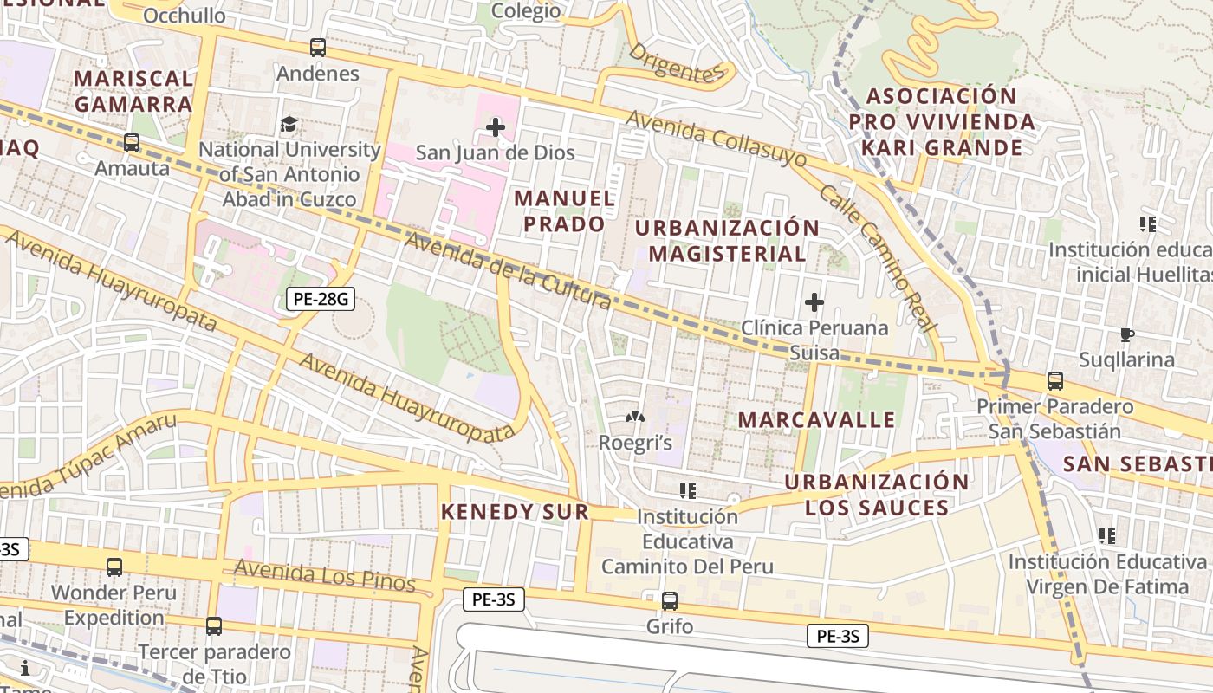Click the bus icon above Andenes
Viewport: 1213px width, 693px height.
pyautogui.click(x=318, y=48)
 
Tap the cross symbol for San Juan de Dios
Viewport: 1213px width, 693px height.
pyautogui.click(x=496, y=128)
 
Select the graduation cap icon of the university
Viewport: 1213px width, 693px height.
pyautogui.click(x=289, y=124)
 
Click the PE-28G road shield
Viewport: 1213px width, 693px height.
pyautogui.click(x=321, y=300)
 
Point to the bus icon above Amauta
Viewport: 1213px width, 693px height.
pyautogui.click(x=132, y=143)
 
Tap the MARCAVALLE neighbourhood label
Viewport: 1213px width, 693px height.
pyautogui.click(x=816, y=420)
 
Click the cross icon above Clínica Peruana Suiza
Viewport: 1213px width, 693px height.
pyautogui.click(x=814, y=302)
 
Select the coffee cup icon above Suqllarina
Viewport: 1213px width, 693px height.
pyautogui.click(x=1126, y=334)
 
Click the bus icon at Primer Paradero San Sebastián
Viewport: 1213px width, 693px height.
pyautogui.click(x=1054, y=380)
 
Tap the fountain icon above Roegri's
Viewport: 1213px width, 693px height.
pyautogui.click(x=635, y=418)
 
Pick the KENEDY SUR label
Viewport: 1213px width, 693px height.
pyautogui.click(x=515, y=512)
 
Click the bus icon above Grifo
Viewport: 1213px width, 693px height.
pyautogui.click(x=670, y=600)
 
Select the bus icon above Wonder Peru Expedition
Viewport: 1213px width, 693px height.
pyautogui.click(x=114, y=567)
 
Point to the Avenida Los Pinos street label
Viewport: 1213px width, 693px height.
pyautogui.click(x=325, y=576)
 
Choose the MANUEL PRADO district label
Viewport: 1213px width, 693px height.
pyautogui.click(x=565, y=210)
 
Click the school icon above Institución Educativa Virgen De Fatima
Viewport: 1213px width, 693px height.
pyautogui.click(x=1106, y=536)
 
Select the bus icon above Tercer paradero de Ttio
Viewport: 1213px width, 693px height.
pyautogui.click(x=214, y=625)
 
